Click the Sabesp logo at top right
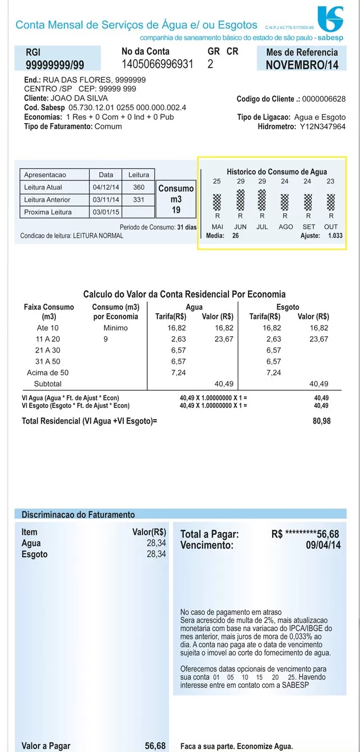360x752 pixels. click(x=330, y=19)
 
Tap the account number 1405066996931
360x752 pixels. click(x=157, y=64)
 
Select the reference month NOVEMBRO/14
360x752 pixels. click(x=302, y=65)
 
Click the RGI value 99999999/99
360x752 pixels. click(x=55, y=65)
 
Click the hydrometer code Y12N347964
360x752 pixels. click(x=322, y=126)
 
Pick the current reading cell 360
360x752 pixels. click(x=139, y=187)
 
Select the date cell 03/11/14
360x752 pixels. click(x=105, y=200)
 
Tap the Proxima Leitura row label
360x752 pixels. click(x=48, y=212)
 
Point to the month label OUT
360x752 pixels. click(x=331, y=227)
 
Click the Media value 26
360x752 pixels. click(x=235, y=236)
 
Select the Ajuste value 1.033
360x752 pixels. click(x=335, y=236)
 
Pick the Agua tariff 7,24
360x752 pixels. click(x=178, y=373)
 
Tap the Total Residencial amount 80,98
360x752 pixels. click(x=321, y=421)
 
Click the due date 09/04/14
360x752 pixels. click(x=323, y=545)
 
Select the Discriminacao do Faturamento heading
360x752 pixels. click(x=78, y=514)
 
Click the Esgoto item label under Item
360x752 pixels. click(x=34, y=554)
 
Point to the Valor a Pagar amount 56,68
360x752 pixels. click(x=155, y=746)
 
